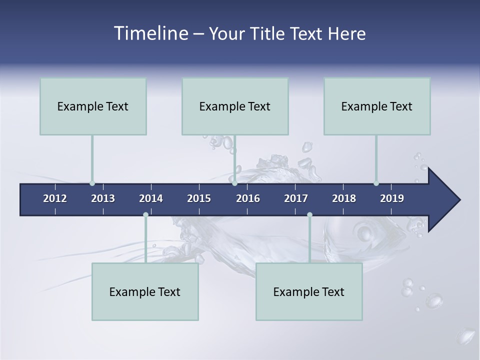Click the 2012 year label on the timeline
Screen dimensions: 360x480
pos(55,198)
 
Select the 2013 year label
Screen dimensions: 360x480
pos(103,198)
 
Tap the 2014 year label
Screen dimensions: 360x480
pos(151,198)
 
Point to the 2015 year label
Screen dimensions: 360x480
pos(199,198)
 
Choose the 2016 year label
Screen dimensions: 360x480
pos(248,198)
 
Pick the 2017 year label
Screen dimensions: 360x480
pos(296,198)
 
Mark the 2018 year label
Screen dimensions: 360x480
pos(344,198)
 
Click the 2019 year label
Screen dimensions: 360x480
pos(392,198)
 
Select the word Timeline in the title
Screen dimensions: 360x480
pos(150,33)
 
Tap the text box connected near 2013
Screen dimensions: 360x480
pos(93,106)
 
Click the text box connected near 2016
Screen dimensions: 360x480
pos(235,106)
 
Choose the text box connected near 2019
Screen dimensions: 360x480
pos(377,106)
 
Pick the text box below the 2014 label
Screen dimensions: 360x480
pos(145,291)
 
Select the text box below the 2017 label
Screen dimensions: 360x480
pos(309,291)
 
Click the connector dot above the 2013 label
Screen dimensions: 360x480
pos(92,183)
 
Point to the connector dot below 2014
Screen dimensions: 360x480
pos(145,215)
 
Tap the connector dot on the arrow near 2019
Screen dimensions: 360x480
pos(376,183)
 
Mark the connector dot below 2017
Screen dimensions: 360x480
pos(309,215)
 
